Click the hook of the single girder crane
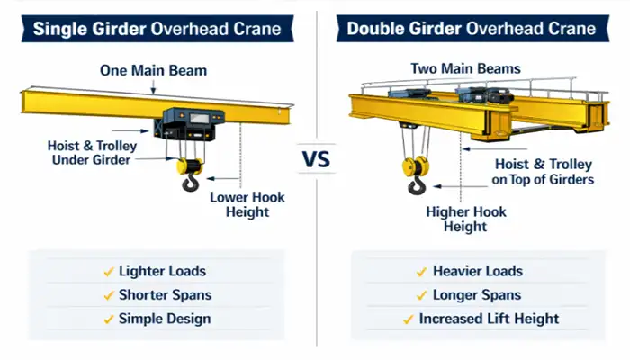(x=190, y=185)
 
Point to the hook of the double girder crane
(x=416, y=186)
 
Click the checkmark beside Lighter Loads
(x=109, y=271)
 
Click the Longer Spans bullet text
(x=477, y=295)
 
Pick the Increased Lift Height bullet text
(x=489, y=319)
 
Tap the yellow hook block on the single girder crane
(x=190, y=166)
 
